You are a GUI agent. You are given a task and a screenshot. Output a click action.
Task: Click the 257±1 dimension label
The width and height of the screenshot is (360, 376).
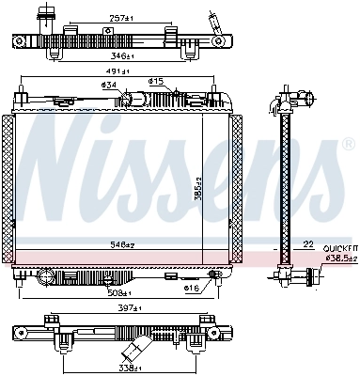point(118,19)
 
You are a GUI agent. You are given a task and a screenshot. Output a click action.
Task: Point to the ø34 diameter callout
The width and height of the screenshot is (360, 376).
point(110,86)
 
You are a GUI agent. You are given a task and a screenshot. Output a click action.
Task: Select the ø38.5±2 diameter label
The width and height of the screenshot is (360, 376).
point(338,256)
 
